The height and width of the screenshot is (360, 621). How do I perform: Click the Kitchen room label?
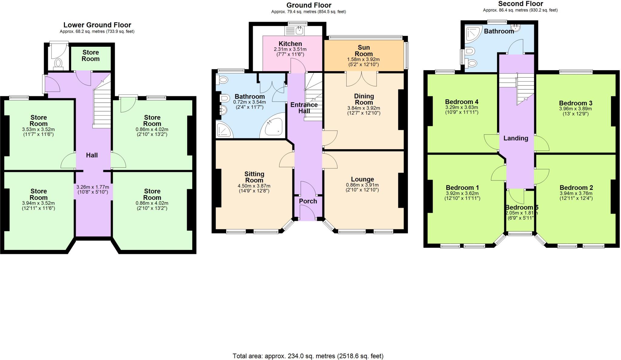point(290,44)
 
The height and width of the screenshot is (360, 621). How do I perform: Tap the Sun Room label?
point(364,51)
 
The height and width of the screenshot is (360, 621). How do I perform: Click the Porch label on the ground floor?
point(308,201)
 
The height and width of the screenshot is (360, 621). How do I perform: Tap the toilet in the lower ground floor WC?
point(58,63)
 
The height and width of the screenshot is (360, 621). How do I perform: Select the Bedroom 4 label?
point(462,102)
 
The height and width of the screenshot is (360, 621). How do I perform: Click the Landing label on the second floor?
point(515,138)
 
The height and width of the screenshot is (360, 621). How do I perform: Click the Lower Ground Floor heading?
point(97,25)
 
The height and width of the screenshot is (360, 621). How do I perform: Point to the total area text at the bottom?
point(308,356)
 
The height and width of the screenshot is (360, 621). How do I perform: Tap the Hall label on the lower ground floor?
point(92,155)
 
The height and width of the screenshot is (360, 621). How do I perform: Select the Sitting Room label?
point(254,177)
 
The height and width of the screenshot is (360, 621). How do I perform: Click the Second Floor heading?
point(520,4)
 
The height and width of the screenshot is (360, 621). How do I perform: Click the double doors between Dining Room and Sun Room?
point(361,79)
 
